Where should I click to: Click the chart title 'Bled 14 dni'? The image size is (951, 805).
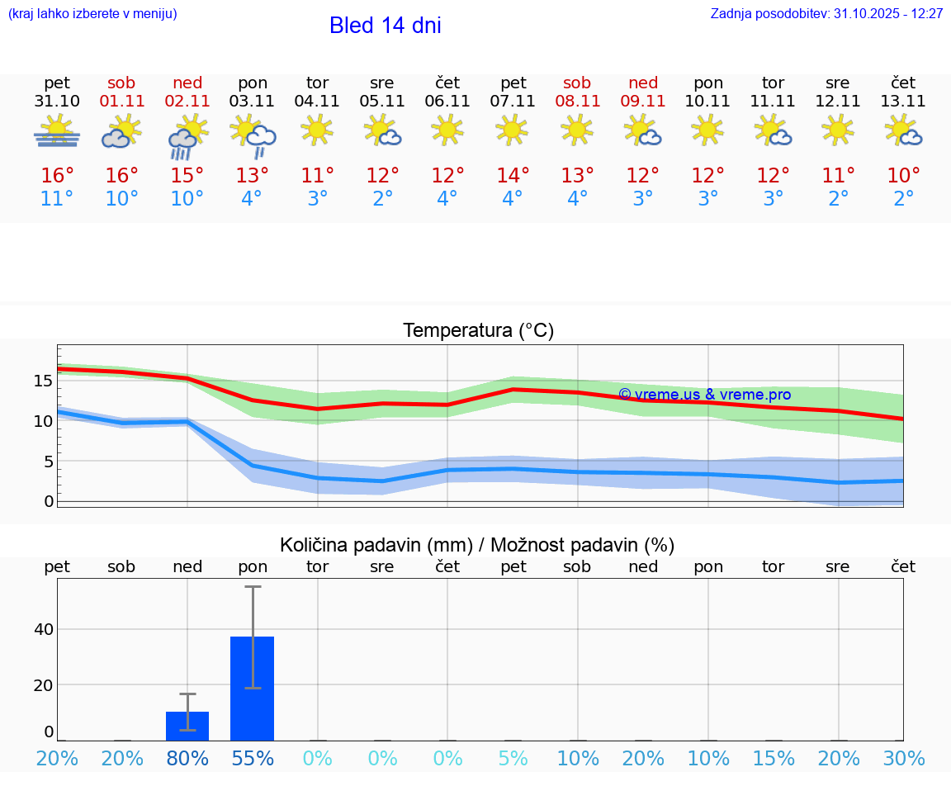coord(385,26)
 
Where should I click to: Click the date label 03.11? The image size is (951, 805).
coord(252,102)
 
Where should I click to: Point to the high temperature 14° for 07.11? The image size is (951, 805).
coord(513,175)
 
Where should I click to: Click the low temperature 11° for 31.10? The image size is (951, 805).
coord(57,199)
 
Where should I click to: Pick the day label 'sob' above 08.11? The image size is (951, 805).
coord(577,83)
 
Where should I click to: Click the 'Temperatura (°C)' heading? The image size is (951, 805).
coord(478,331)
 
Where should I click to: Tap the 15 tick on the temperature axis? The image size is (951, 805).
coord(43,381)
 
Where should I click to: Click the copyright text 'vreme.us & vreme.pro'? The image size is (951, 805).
coord(704,395)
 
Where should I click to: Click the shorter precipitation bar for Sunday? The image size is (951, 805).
coord(187,726)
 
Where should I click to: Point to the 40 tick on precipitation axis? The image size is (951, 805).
coord(43,629)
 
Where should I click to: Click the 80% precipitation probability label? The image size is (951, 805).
coord(187,759)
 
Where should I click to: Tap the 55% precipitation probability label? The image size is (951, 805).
coord(252,759)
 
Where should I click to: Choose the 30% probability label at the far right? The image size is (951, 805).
coord(903,759)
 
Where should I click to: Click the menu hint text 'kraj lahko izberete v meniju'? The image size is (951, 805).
coord(92,14)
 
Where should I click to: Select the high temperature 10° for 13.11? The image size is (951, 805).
coord(903,175)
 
